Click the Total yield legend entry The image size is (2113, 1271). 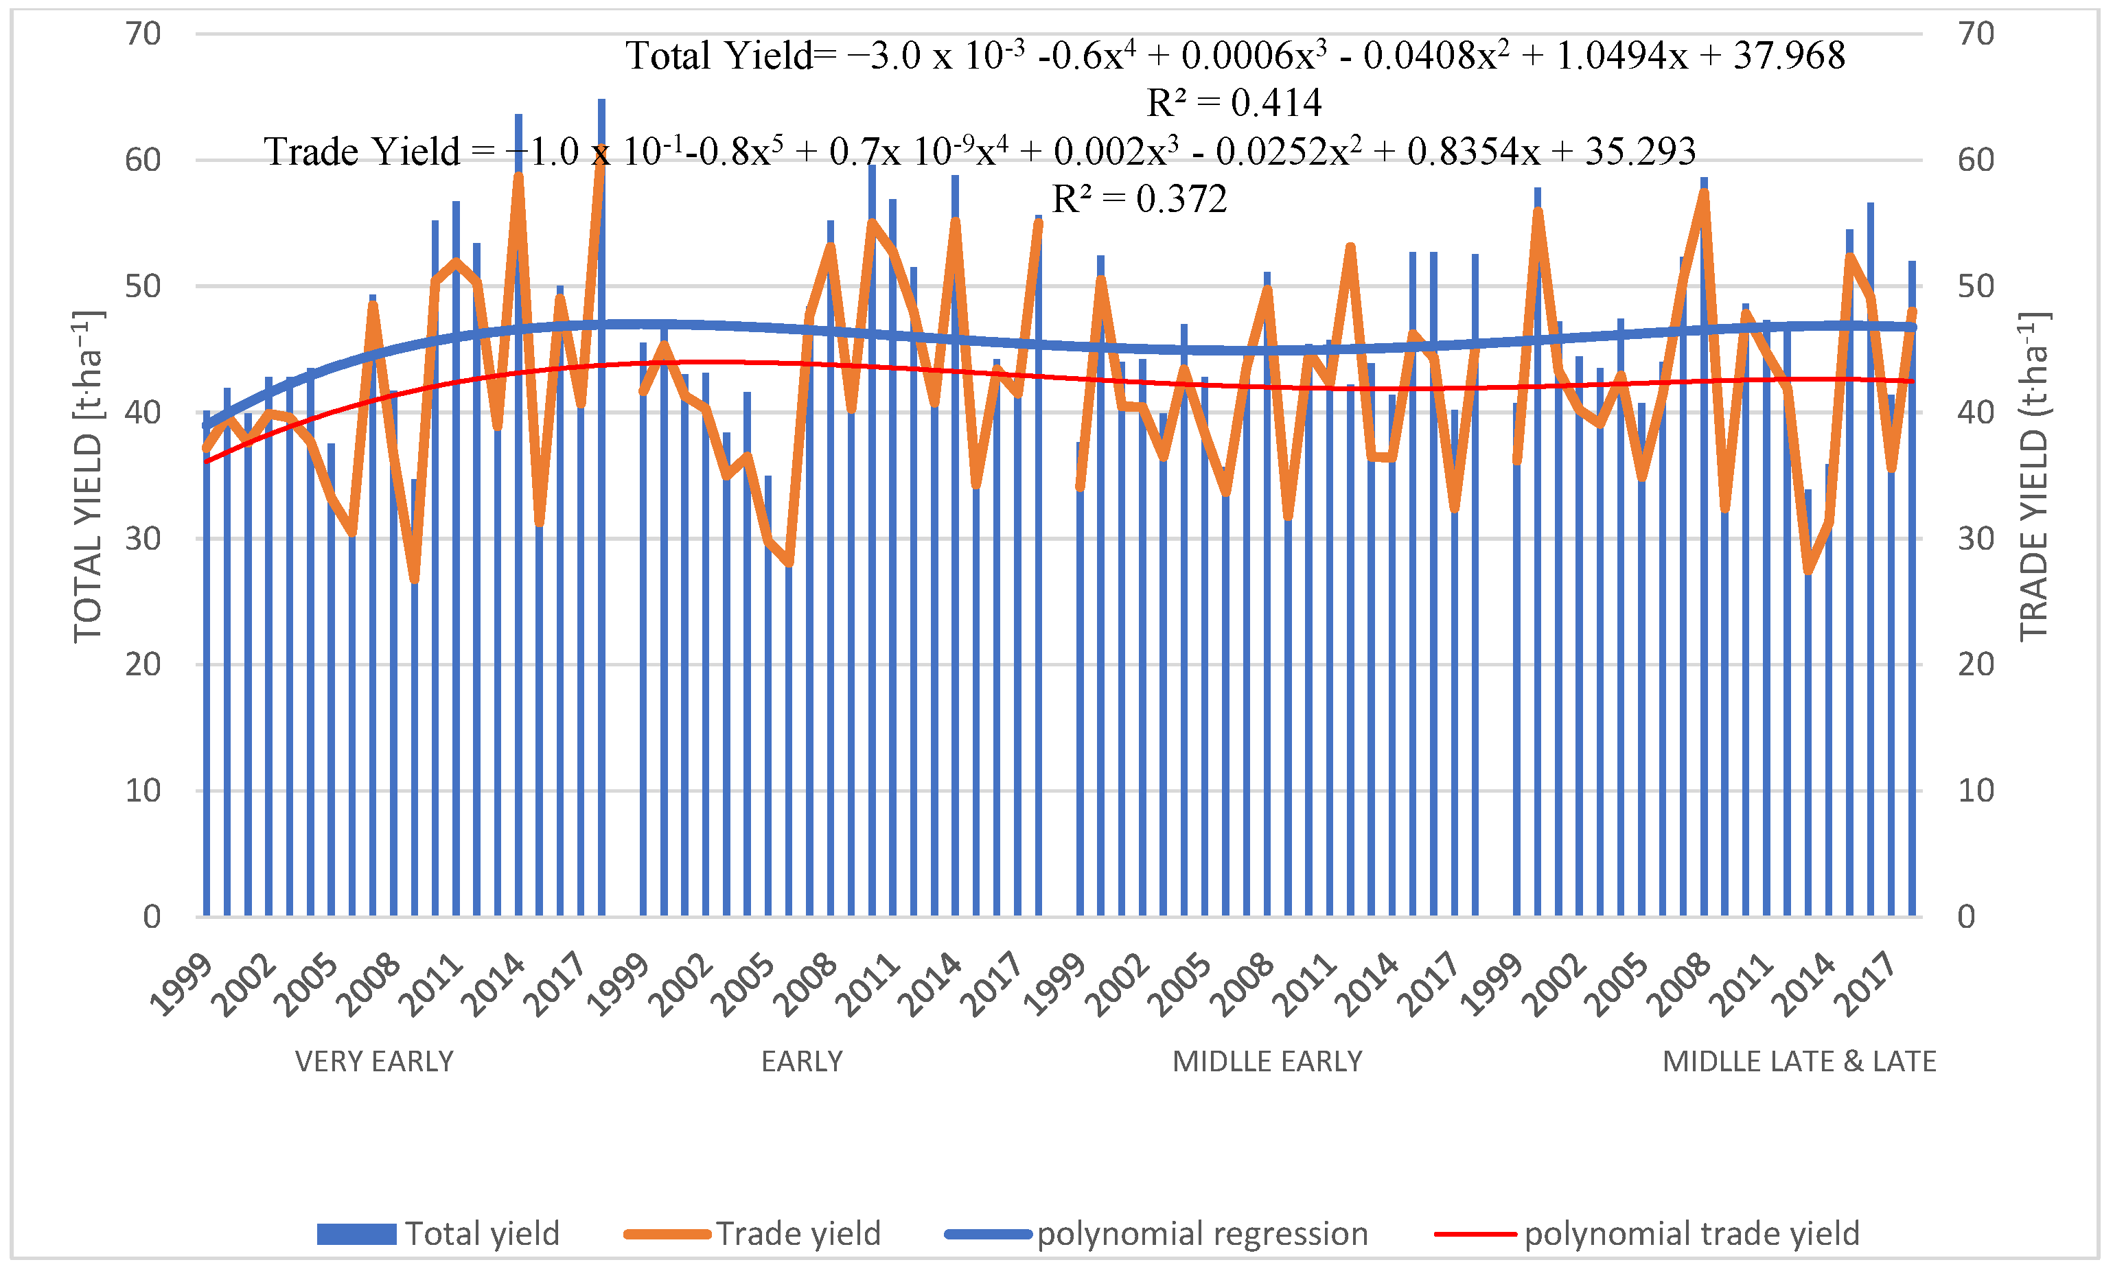click(438, 1234)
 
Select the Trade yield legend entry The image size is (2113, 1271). click(753, 1234)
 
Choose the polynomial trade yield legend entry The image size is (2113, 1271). click(1647, 1234)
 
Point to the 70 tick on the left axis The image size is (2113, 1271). click(143, 34)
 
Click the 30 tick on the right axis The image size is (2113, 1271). click(1975, 539)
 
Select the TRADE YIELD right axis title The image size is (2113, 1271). click(2034, 476)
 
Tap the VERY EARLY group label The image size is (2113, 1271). click(374, 1062)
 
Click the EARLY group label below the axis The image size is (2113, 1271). click(802, 1062)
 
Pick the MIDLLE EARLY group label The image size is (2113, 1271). click(1267, 1062)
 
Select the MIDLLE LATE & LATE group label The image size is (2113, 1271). click(1799, 1062)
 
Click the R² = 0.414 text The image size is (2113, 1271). click(1234, 104)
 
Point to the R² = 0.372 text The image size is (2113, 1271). click(1138, 200)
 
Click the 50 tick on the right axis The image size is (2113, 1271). click(1975, 286)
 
